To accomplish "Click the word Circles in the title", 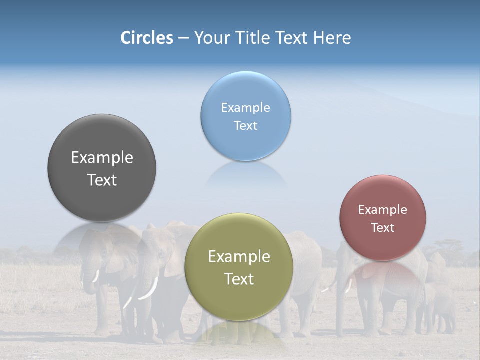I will pyautogui.click(x=147, y=38).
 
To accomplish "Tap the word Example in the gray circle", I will pyautogui.click(x=102, y=158).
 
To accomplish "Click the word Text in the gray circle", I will pyautogui.click(x=102, y=180).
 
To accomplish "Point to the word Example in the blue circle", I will pyautogui.click(x=245, y=108).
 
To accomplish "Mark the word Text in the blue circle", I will pyautogui.click(x=245, y=125).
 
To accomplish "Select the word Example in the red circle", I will pyautogui.click(x=383, y=210).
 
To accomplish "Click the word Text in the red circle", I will pyautogui.click(x=383, y=228).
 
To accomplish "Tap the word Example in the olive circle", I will pyautogui.click(x=239, y=257).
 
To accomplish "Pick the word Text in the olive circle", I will pyautogui.click(x=239, y=279).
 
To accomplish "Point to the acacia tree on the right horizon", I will pyautogui.click(x=448, y=246).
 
